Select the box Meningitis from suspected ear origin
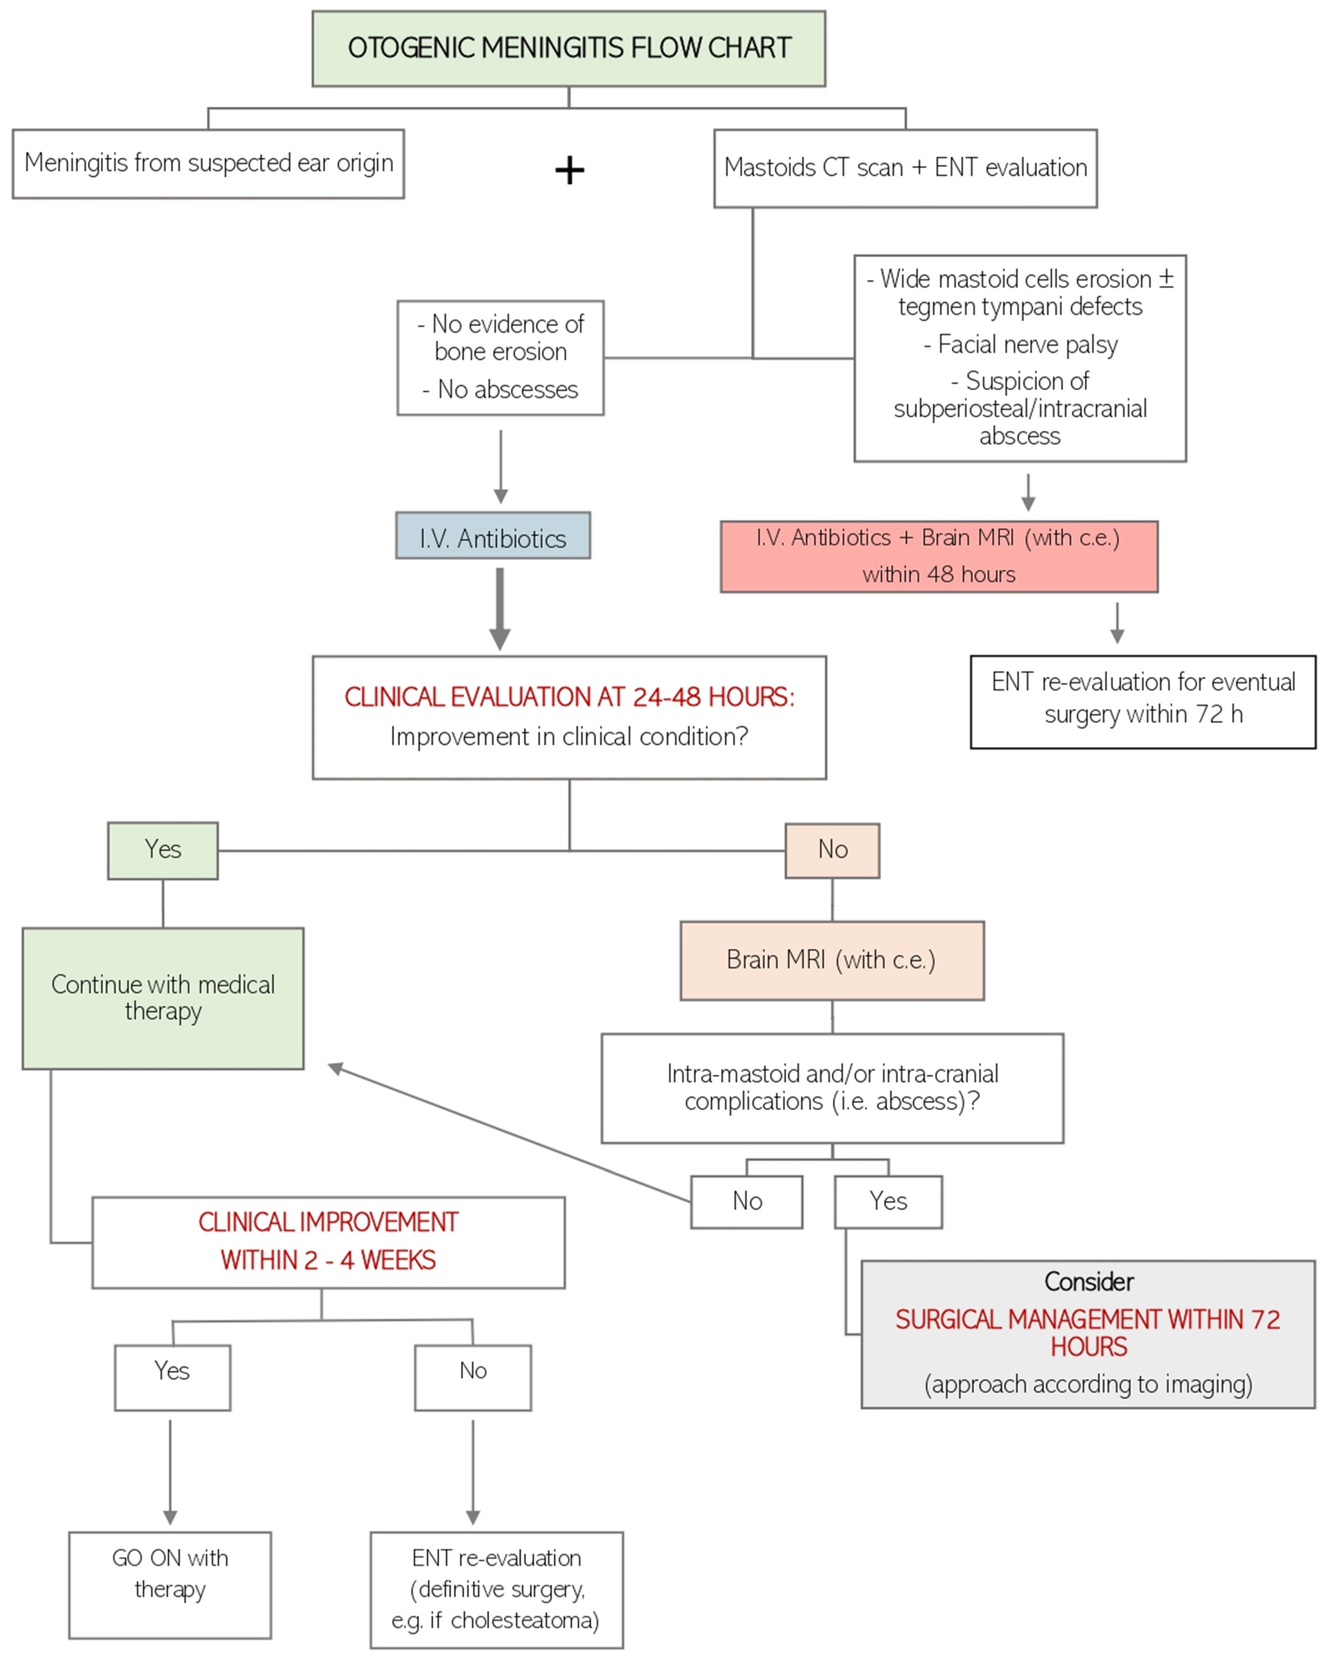(x=208, y=164)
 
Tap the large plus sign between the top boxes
(x=569, y=170)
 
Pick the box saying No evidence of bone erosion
(x=501, y=358)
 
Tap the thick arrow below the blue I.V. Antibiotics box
(x=500, y=609)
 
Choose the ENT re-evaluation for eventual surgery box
(x=1143, y=702)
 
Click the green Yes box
(x=163, y=850)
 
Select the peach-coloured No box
(x=832, y=850)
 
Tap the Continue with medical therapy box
(x=163, y=998)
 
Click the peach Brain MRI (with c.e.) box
(x=832, y=960)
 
